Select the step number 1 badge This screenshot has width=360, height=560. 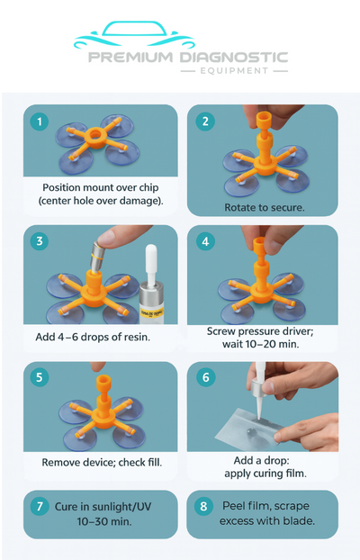[39, 121]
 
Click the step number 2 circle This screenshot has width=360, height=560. [205, 121]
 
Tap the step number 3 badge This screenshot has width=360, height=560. [39, 241]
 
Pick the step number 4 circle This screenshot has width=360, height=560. [205, 241]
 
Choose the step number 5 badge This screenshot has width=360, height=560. [39, 378]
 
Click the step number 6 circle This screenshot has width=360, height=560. [205, 378]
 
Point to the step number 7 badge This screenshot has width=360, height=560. [39, 506]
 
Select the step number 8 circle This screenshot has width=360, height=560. [205, 506]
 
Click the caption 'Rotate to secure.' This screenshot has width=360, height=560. [262, 207]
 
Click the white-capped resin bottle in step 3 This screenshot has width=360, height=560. [152, 286]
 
